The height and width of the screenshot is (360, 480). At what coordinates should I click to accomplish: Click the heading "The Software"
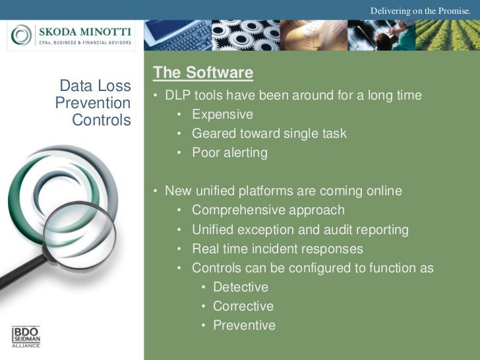tap(202, 73)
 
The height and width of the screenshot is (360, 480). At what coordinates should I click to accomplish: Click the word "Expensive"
tap(222, 115)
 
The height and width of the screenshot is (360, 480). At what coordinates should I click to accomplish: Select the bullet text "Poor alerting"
tap(229, 153)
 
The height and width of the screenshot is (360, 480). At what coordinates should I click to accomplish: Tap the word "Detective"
tap(241, 287)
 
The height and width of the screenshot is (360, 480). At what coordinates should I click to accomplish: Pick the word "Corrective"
tap(243, 307)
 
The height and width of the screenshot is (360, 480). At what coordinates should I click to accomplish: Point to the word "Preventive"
tap(244, 326)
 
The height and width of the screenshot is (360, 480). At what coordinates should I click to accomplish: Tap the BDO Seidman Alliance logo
tap(26, 336)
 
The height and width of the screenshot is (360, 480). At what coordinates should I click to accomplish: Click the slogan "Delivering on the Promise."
tap(420, 10)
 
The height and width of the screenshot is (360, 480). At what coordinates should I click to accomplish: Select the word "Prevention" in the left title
tap(93, 104)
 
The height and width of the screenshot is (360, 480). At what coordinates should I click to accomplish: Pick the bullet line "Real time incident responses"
tap(277, 249)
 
